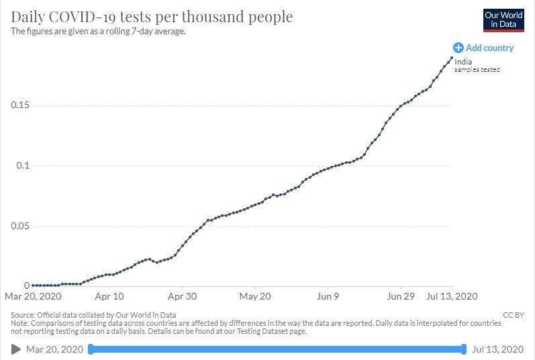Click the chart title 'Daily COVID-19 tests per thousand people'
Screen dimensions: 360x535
coord(152,16)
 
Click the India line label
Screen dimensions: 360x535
coord(463,62)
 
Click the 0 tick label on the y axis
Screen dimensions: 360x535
coord(26,285)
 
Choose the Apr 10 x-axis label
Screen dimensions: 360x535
coord(109,296)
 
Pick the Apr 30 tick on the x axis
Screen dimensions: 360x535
coord(181,296)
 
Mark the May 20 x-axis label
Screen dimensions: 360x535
coord(254,296)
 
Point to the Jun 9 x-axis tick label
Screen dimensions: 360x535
coord(328,296)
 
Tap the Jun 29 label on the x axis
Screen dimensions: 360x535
coord(401,296)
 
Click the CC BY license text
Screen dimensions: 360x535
coord(514,314)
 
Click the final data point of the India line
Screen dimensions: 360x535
coord(452,58)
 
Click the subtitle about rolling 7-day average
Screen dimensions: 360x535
coord(99,32)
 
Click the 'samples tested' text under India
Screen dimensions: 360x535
coord(477,70)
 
